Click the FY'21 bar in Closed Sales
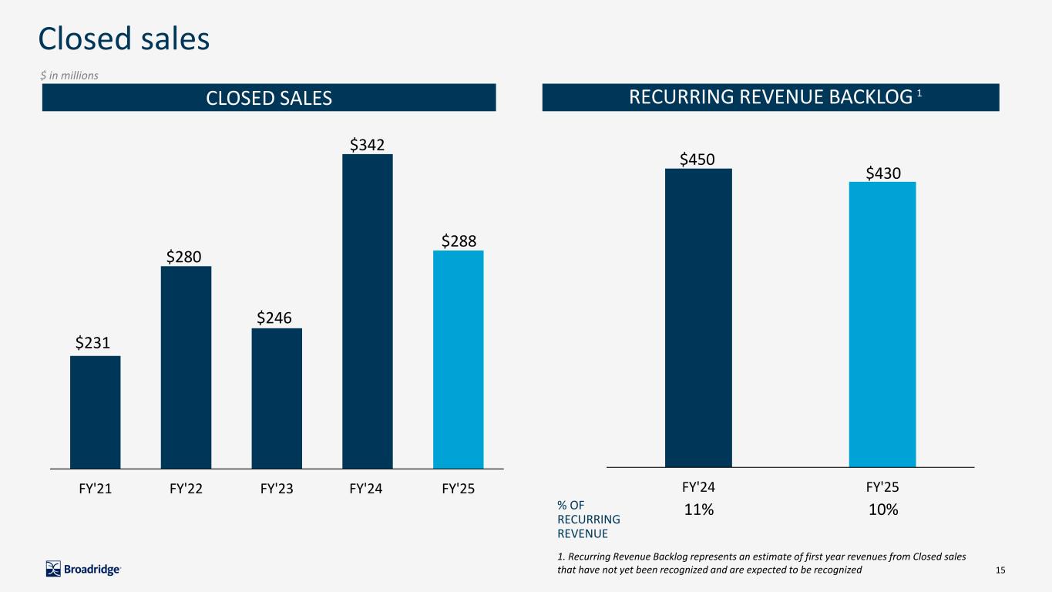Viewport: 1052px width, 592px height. (95, 412)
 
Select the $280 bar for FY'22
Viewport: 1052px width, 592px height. (186, 367)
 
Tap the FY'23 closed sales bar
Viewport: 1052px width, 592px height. (277, 398)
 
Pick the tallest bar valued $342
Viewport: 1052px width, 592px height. (368, 311)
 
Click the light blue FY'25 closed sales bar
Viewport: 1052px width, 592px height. (459, 359)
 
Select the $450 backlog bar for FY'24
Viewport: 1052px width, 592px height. (698, 318)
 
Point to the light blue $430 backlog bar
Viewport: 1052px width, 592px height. (882, 324)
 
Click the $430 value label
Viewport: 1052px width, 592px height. (882, 173)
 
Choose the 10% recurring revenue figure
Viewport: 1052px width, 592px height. (883, 510)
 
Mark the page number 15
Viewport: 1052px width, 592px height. (1001, 570)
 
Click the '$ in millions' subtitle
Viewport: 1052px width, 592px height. (69, 76)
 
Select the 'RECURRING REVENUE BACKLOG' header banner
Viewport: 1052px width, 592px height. (771, 97)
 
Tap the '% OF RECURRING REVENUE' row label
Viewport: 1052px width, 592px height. (588, 519)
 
